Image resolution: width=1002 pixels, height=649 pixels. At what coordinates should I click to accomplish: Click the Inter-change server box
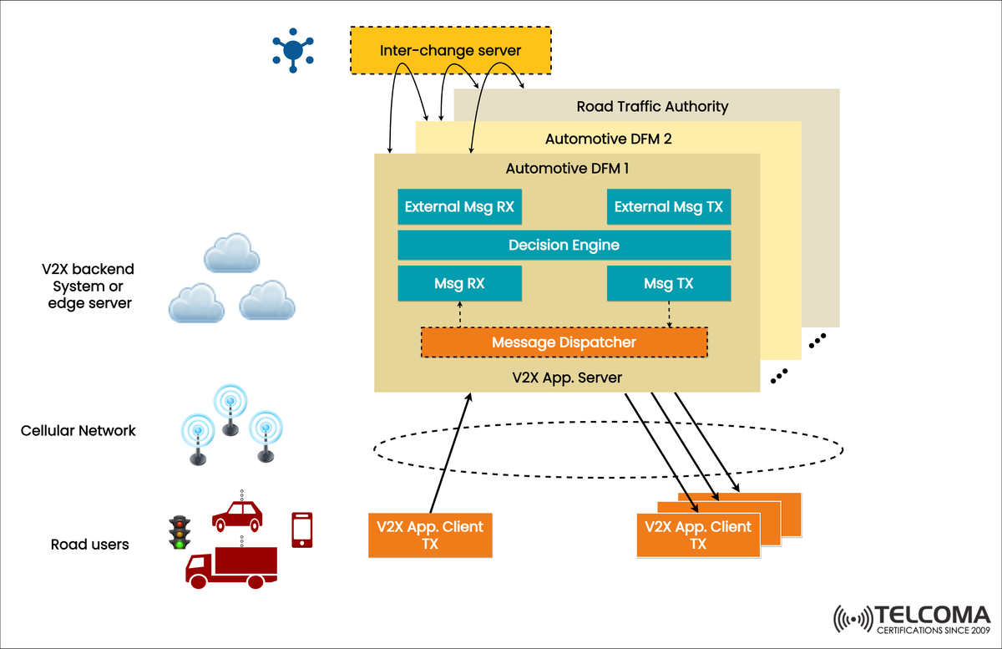pos(450,51)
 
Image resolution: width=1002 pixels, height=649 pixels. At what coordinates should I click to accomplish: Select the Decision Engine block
pos(564,245)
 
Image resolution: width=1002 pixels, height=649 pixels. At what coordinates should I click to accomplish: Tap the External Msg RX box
pos(459,207)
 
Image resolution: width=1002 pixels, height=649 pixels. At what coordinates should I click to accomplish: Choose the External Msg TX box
pos(668,207)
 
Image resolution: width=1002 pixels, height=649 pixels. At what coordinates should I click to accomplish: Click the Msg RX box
pos(459,283)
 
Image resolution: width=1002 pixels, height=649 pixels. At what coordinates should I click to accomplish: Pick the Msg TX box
pos(668,283)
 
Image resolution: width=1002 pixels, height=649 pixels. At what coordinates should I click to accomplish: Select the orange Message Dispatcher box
pos(564,342)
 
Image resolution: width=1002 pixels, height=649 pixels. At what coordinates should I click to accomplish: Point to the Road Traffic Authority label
pos(652,107)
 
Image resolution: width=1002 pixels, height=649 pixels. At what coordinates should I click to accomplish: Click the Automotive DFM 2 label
pos(608,139)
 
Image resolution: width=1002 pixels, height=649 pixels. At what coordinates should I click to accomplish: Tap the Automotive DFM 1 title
pos(567,169)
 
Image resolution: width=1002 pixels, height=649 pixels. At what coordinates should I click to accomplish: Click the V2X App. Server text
pos(567,378)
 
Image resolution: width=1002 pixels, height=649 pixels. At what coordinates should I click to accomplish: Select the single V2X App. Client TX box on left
pos(430,535)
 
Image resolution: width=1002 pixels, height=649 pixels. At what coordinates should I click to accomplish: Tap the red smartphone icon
pos(302,530)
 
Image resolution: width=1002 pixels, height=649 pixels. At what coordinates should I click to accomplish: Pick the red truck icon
pos(230,568)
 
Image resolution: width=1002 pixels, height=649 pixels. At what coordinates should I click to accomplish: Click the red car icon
pos(237,515)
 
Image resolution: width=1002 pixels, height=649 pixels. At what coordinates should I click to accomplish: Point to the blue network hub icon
pos(292,50)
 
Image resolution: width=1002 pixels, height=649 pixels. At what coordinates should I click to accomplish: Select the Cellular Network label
pos(78,431)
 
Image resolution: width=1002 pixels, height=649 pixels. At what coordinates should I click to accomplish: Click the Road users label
pos(90,545)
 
